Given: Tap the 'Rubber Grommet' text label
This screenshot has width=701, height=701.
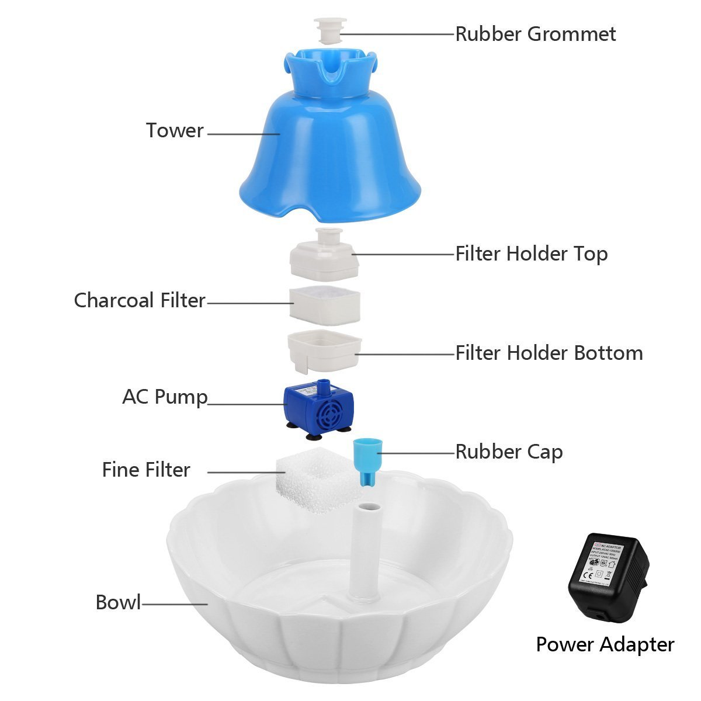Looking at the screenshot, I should point(535,34).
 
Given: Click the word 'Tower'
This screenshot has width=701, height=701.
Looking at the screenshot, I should point(175,130).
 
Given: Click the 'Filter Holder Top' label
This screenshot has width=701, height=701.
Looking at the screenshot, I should point(531,254).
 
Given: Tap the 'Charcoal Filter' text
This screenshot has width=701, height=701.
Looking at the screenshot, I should point(140,300).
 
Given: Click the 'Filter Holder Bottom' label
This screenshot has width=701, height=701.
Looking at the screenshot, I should point(549,353).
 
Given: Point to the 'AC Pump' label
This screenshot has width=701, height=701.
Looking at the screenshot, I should point(165,397).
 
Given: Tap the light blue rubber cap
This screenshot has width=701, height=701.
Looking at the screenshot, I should point(366,461).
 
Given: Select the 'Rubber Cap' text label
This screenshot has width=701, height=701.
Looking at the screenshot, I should point(509,452).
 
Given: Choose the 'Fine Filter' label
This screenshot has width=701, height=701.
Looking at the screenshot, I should point(146,470).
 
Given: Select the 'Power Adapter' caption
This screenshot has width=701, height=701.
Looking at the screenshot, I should point(605,644).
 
